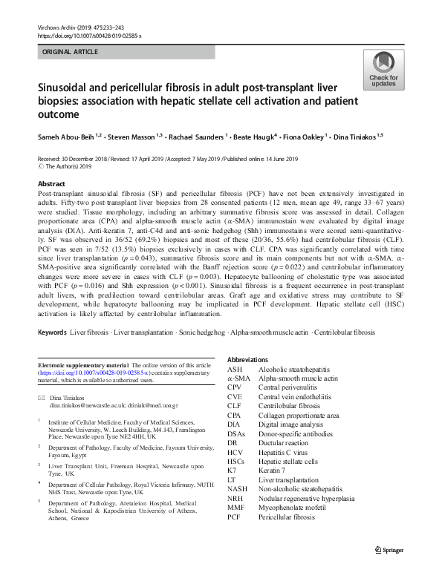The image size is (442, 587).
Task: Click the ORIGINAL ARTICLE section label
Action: coord(70,52)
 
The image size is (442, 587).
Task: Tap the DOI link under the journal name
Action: coord(89,35)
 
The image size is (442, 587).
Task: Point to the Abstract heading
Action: coord(51,183)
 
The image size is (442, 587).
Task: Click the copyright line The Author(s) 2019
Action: coord(71,167)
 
